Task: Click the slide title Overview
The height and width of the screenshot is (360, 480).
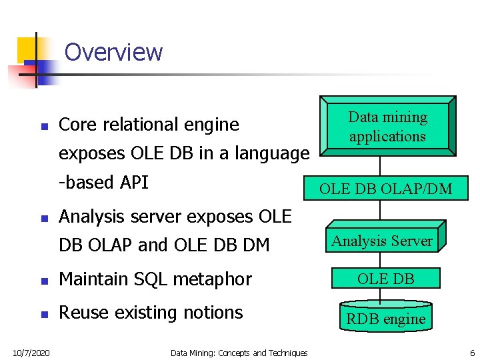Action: [113, 52]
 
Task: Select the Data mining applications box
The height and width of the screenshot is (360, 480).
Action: [387, 127]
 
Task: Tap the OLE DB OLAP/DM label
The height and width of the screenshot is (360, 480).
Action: [385, 189]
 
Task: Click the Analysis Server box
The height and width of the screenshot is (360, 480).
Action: [383, 241]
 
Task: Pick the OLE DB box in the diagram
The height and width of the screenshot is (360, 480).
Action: [385, 279]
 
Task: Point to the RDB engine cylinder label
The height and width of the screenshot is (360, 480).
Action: [385, 319]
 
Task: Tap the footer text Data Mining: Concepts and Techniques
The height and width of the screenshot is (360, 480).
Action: [239, 353]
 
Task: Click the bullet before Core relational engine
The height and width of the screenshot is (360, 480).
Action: [44, 126]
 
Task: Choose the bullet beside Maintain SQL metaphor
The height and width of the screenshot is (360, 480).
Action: [44, 280]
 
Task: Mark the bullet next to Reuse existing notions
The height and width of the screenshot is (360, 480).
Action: [44, 313]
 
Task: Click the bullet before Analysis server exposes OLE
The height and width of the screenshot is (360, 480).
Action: [44, 218]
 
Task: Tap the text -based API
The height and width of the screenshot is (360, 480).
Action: [103, 182]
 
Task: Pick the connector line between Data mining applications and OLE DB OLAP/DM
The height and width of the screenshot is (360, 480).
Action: [381, 165]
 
